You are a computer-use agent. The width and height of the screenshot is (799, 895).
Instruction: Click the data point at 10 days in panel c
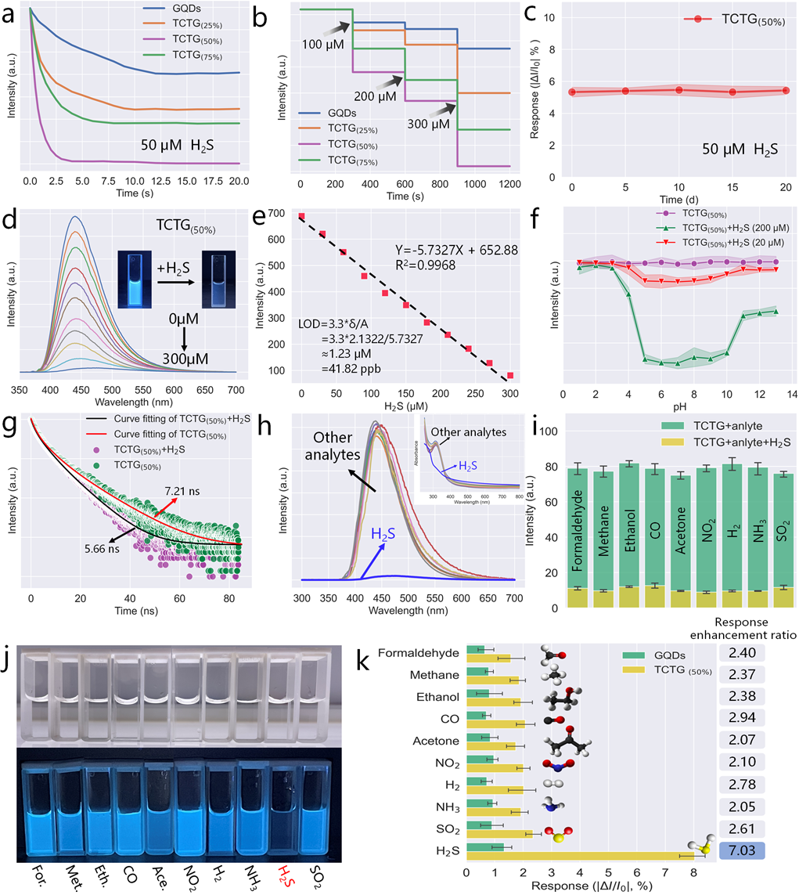[679, 90]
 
